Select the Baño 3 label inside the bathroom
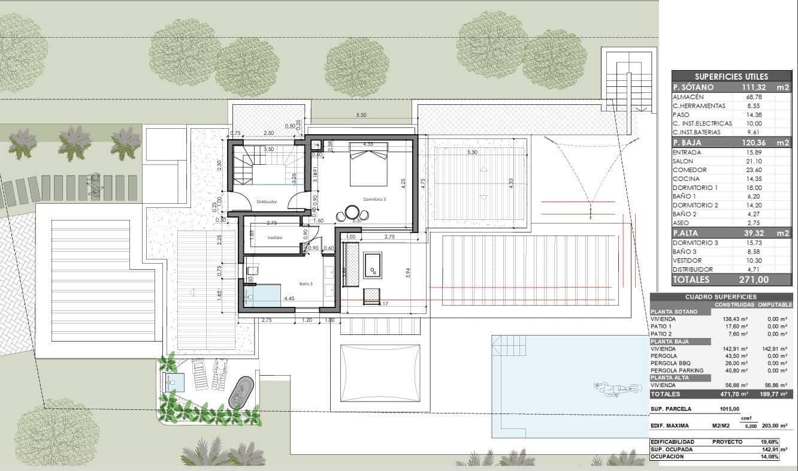306,283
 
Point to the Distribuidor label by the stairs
266,202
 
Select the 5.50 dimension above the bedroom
361,114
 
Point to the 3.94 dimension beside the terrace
408,272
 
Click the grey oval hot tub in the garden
241,393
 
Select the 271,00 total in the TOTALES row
753,280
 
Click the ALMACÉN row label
688,96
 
